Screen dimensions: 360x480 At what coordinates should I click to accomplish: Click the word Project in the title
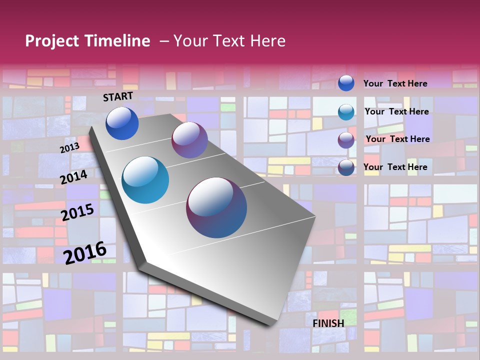[51, 41]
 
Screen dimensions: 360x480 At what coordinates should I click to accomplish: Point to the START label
[118, 96]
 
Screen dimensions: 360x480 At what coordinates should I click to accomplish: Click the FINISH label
[328, 323]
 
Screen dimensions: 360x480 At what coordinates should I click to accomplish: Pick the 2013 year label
[70, 148]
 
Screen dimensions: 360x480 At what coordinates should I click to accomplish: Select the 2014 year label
[74, 177]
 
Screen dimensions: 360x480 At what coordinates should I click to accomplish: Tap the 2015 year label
[77, 212]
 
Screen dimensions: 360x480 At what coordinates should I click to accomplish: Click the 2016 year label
[85, 252]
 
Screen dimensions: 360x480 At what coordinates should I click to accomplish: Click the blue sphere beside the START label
[122, 123]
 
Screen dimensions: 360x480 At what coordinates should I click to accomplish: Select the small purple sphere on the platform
[189, 140]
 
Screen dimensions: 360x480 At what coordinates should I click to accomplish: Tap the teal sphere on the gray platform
[145, 180]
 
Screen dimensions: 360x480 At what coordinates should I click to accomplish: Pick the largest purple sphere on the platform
[216, 207]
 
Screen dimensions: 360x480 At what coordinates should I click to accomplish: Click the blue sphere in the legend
[346, 83]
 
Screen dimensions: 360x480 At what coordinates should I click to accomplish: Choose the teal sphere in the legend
[346, 112]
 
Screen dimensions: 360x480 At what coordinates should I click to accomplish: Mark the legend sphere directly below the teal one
[346, 140]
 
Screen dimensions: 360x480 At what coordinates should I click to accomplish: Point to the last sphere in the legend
[346, 167]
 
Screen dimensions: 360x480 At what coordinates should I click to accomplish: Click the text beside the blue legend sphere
[395, 83]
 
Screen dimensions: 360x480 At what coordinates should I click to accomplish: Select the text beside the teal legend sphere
[397, 111]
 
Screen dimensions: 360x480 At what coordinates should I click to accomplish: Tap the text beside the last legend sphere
[395, 167]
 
